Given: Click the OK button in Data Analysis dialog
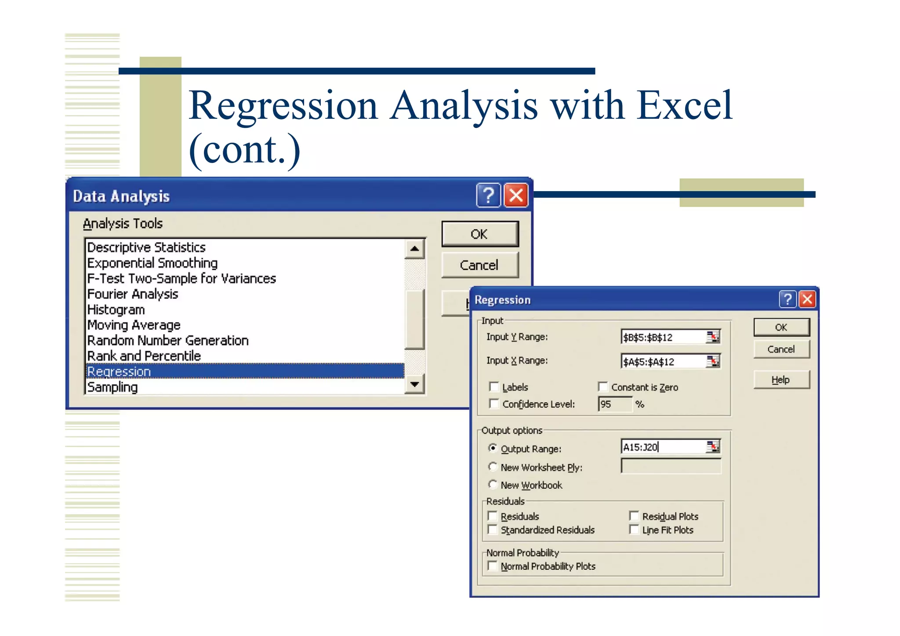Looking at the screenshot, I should (479, 234).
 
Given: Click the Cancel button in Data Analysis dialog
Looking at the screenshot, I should (479, 265).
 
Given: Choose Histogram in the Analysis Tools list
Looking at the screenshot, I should (116, 309).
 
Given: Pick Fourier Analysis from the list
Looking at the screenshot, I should (133, 294).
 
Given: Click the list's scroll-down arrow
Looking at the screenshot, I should (414, 385).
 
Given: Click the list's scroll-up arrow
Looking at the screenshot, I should (414, 249).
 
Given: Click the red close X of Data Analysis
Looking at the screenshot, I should (516, 195).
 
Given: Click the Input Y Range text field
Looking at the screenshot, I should (663, 337).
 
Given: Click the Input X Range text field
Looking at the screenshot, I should (663, 362).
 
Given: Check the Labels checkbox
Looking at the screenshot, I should (494, 387).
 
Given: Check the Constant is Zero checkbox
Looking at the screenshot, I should (603, 387).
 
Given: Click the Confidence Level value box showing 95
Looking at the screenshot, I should (614, 404).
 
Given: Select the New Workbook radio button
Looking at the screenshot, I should (493, 484).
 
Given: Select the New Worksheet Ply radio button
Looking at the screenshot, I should (493, 467).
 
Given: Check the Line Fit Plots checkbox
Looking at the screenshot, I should (634, 530).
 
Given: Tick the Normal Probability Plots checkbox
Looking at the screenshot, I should (493, 566).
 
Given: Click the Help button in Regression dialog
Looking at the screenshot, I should (781, 380).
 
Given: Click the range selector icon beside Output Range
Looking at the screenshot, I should (713, 447).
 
